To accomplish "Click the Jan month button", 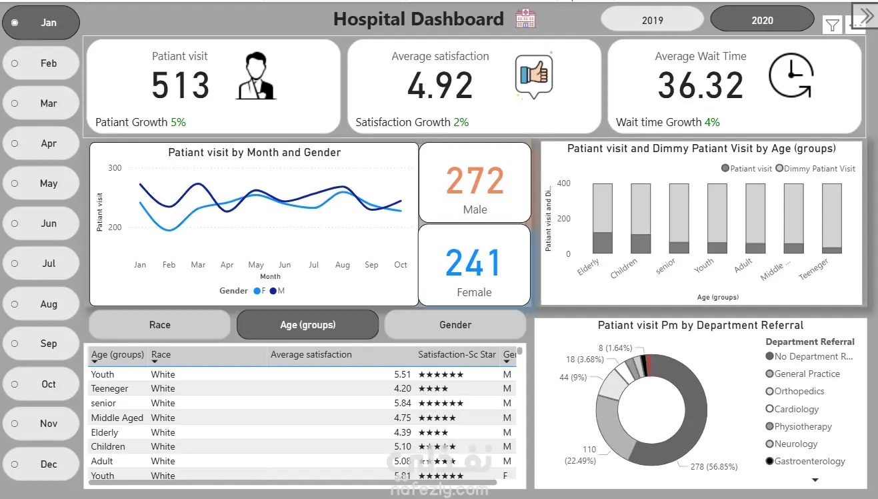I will pos(41,23).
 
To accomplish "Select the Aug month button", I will pos(41,304).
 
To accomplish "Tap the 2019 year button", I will pos(652,20).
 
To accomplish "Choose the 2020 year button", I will pos(762,20).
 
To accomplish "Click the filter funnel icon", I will pos(833,25).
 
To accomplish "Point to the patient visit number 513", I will pos(180,85).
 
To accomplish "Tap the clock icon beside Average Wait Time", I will pos(791,75).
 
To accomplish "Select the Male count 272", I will pos(475,181).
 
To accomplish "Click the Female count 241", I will pos(473,263).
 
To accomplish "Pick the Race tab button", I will pos(160,325).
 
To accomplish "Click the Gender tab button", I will pos(455,325).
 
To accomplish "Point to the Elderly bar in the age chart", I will pos(603,219).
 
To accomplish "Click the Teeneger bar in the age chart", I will pos(832,219).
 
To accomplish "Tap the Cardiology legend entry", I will pos(797,409).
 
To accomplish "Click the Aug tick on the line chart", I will pos(343,265).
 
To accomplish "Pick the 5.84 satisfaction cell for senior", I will pos(403,403).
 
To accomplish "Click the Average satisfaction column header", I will pos(311,355).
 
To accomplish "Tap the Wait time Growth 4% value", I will pos(712,122).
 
